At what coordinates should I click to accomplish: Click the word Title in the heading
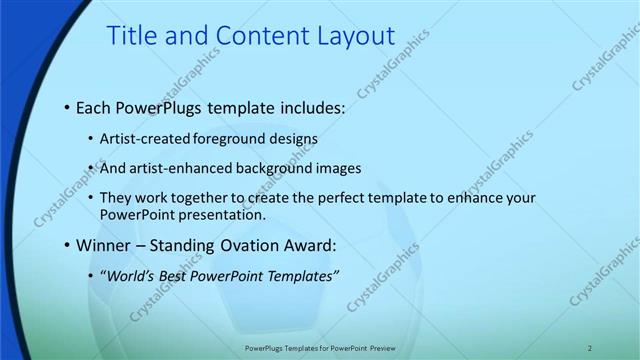[x=132, y=37]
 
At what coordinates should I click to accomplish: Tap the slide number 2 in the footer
[x=590, y=348]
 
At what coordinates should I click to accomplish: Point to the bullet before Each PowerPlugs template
[x=66, y=107]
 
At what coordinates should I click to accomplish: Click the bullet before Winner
[x=66, y=244]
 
